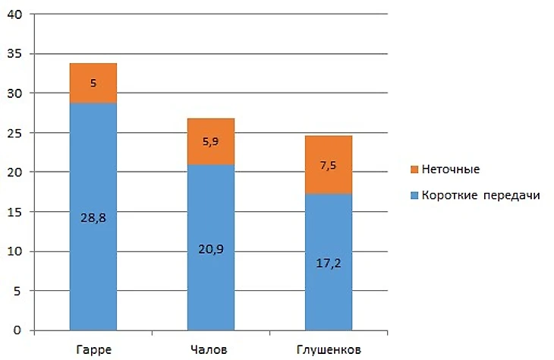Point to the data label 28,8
coord(93,216)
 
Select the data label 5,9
coord(210,141)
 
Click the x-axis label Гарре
coord(93,349)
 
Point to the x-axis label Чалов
coord(210,349)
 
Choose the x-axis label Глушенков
coord(328,349)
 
